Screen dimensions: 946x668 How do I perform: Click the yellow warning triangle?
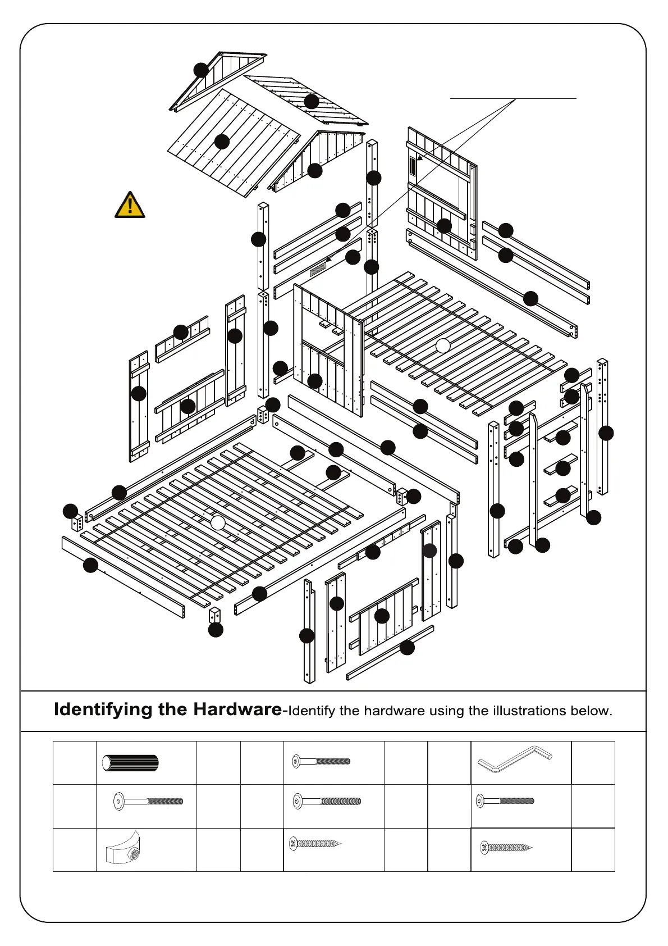click(x=130, y=205)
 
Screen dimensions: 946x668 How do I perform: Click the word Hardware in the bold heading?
click(x=237, y=709)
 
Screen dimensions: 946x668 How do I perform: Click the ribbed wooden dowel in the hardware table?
click(x=130, y=763)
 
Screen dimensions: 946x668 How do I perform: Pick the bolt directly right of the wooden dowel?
click(x=321, y=762)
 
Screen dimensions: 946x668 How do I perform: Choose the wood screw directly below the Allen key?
click(x=506, y=848)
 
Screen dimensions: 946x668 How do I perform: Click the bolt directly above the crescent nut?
click(x=148, y=802)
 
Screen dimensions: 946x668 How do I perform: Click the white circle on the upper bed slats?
click(x=443, y=345)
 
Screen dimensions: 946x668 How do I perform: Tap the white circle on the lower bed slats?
click(x=218, y=523)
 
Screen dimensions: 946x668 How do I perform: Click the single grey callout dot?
click(x=429, y=551)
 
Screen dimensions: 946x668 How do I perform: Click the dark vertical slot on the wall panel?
click(x=414, y=166)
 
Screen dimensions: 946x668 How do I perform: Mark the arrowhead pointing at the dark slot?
click(x=419, y=158)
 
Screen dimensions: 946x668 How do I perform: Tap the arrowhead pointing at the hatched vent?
click(x=329, y=258)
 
